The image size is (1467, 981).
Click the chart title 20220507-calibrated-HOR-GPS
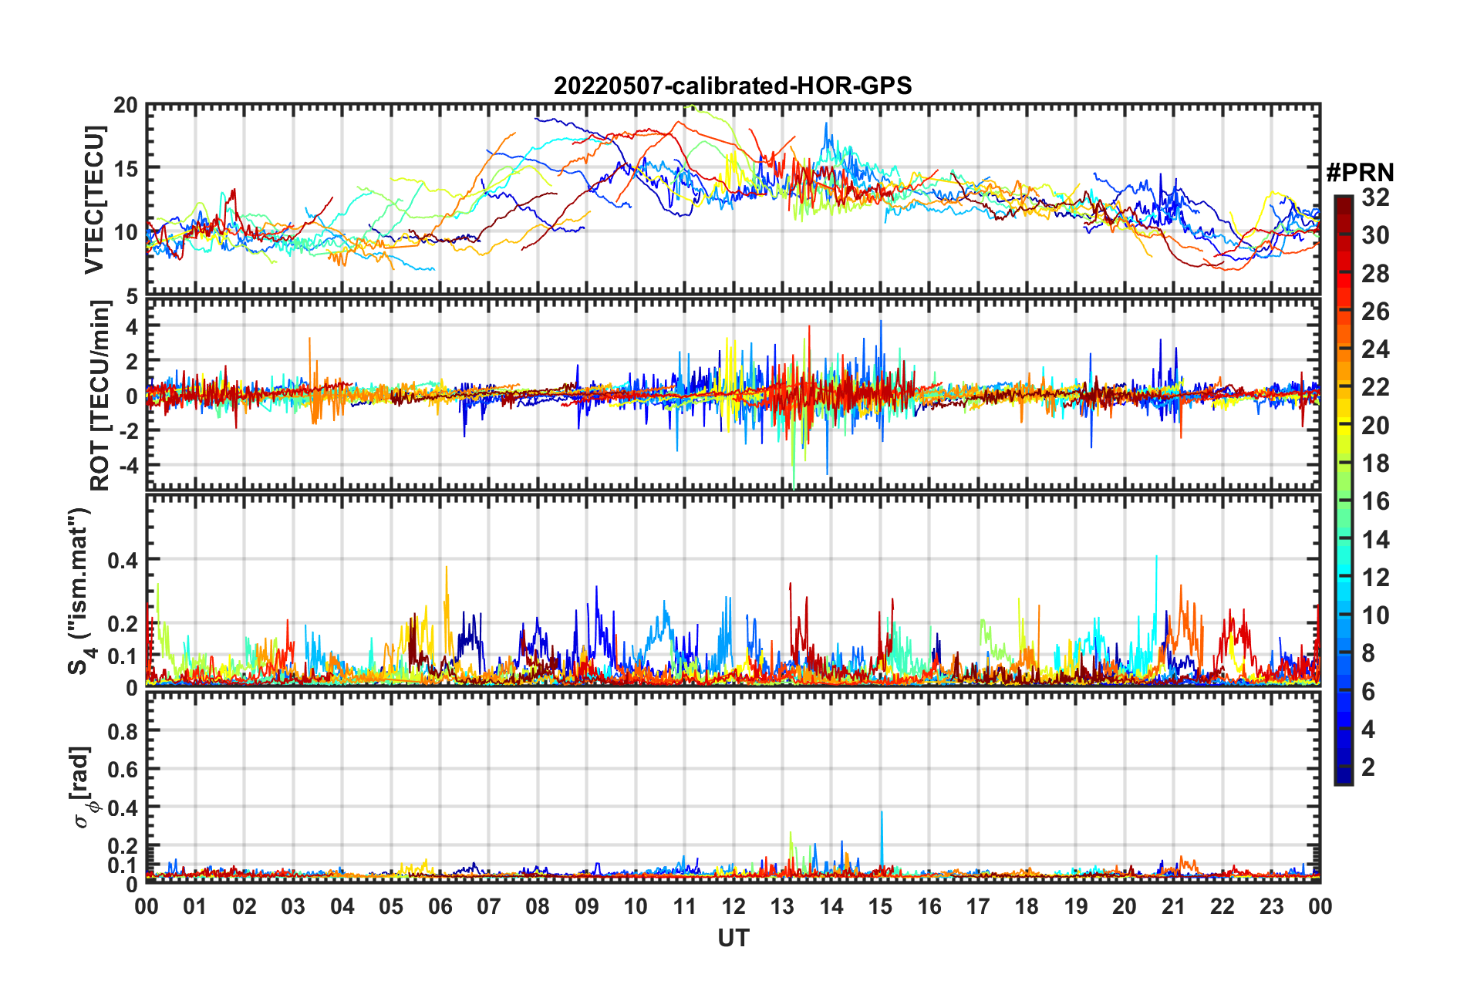tap(733, 86)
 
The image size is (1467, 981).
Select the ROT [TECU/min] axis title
tap(99, 396)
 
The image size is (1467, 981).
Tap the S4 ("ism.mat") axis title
tap(80, 591)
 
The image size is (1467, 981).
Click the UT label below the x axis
tap(733, 938)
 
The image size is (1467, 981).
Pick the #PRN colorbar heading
tap(1360, 173)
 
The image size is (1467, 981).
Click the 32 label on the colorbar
tap(1375, 197)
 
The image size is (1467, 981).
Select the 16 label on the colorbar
tap(1375, 501)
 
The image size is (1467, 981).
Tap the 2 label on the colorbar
tap(1368, 767)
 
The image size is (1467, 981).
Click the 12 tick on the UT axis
tap(733, 906)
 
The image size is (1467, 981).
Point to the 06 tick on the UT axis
tap(440, 906)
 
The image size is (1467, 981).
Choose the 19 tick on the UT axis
tap(1075, 906)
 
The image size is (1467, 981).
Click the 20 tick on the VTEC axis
tap(126, 105)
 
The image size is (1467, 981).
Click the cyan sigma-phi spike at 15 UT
tap(882, 812)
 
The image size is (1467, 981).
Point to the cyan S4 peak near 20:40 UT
tap(1156, 556)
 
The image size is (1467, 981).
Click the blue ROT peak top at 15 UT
tap(881, 322)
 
